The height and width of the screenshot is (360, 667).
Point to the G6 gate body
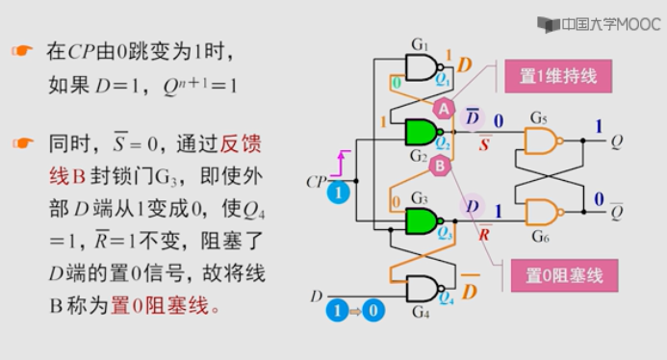[x=542, y=212]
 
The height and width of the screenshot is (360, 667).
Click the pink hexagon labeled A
[x=444, y=109]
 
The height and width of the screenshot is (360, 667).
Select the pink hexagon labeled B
[x=439, y=166]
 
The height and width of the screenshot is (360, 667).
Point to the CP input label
[x=317, y=180]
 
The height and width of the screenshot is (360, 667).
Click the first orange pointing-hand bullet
[x=21, y=51]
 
